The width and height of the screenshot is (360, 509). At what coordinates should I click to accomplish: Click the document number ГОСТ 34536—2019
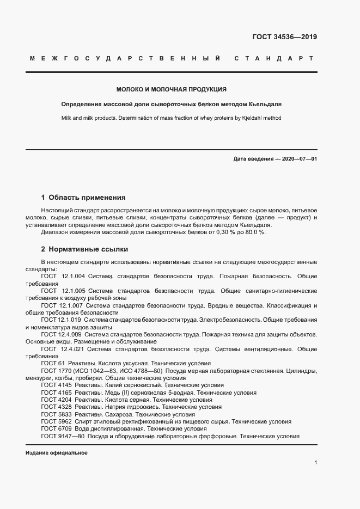click(x=284, y=38)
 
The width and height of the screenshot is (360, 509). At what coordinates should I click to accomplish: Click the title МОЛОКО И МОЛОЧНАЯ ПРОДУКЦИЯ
click(x=172, y=89)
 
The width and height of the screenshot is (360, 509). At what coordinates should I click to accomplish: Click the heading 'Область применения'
click(x=87, y=198)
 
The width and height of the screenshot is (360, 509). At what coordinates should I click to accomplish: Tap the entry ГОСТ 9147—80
click(x=63, y=436)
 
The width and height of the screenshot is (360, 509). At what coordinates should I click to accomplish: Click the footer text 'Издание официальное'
click(x=57, y=453)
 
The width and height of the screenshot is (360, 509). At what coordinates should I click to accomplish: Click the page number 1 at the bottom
click(x=316, y=463)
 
